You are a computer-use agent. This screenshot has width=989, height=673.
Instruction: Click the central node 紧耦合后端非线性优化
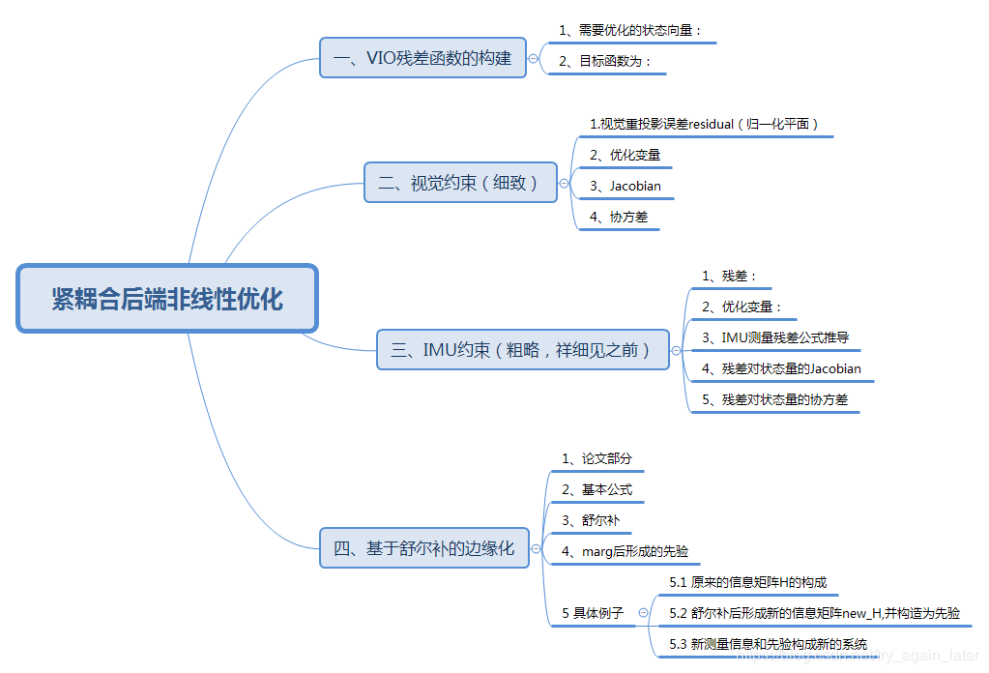(x=167, y=299)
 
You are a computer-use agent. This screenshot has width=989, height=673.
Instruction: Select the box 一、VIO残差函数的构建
(x=422, y=58)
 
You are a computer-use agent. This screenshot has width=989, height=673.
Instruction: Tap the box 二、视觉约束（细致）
(x=460, y=182)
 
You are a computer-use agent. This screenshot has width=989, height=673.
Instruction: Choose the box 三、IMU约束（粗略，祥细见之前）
(x=522, y=349)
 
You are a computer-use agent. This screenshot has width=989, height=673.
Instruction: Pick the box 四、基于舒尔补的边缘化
(x=423, y=548)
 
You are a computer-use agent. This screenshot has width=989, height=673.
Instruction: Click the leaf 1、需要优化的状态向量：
(x=630, y=31)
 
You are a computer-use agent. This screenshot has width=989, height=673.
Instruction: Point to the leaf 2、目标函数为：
(x=606, y=62)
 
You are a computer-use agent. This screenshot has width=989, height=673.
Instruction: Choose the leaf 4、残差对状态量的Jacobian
(x=781, y=368)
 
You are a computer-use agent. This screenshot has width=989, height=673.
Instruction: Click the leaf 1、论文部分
(x=596, y=458)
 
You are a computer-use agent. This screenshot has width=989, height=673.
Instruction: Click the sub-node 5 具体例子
(x=593, y=613)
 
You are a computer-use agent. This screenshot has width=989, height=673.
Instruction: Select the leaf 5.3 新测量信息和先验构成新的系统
(x=768, y=644)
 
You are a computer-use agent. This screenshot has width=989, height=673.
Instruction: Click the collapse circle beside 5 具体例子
(x=644, y=613)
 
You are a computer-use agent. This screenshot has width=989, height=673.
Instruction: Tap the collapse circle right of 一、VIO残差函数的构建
(x=534, y=59)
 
